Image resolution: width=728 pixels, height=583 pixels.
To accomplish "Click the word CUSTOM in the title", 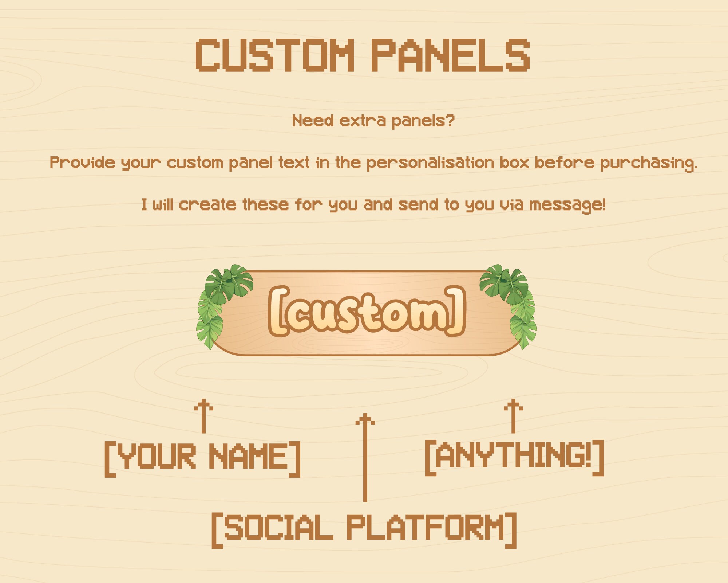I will coord(275,55).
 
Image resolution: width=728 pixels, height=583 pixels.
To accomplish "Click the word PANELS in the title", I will coord(450,55).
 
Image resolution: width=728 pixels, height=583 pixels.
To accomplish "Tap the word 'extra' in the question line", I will coord(362,121).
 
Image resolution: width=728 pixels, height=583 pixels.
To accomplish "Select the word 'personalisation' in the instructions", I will coord(430,163).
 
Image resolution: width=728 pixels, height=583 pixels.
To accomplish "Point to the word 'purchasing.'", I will coord(648,163).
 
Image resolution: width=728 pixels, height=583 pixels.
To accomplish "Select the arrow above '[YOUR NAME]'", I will coord(203,416).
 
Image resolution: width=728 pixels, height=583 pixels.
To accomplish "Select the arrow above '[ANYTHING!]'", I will coord(513,416).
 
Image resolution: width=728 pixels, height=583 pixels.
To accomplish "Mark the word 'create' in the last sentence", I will coord(207,205).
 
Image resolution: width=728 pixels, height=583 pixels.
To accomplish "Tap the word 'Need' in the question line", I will coord(313,121).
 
